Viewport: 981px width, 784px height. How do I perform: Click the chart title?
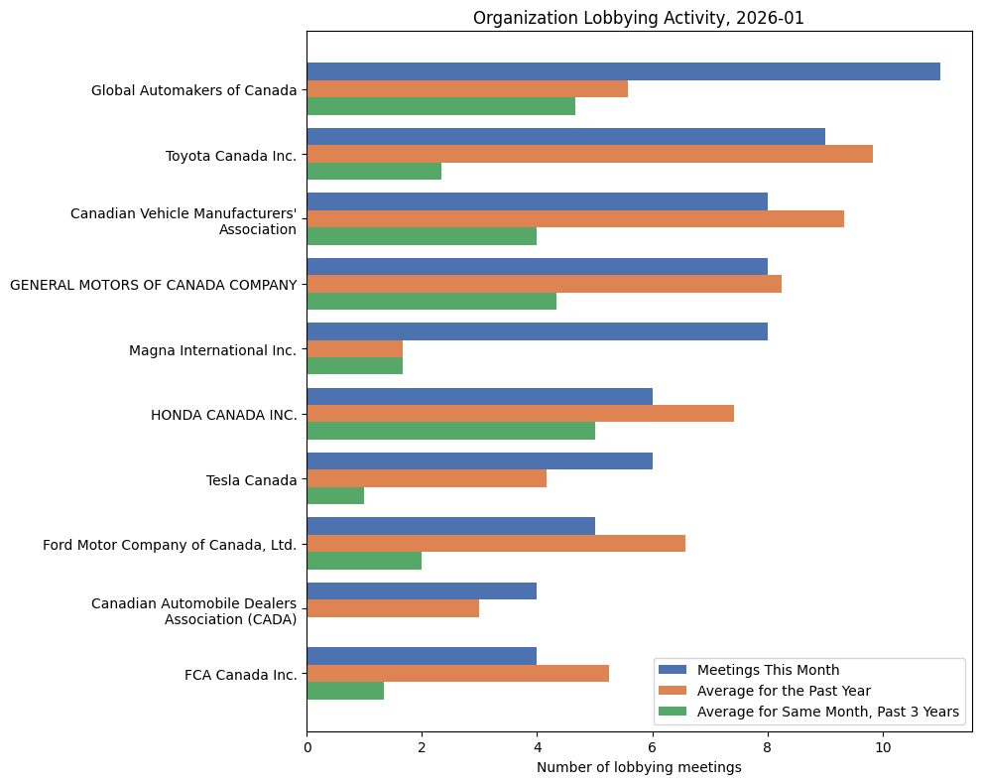639,18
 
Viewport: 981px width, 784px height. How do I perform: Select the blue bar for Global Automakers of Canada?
623,71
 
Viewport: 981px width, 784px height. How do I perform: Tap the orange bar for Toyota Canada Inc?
589,154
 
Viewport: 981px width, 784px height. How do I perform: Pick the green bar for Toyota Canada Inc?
374,171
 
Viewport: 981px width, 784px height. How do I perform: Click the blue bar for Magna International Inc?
537,331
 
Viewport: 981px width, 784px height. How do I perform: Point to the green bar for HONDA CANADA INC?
450,431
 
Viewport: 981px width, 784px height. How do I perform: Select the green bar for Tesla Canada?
335,495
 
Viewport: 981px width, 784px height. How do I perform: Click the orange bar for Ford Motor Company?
496,543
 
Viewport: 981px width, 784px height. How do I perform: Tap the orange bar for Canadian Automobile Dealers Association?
393,608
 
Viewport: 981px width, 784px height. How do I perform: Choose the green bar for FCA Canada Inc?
345,691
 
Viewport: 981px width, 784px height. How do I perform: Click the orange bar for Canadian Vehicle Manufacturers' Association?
575,218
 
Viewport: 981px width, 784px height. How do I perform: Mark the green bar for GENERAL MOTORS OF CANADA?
431,301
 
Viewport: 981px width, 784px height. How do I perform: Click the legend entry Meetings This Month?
768,669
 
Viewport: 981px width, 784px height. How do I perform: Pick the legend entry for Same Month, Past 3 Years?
827,712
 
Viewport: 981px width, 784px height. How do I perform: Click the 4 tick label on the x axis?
537,747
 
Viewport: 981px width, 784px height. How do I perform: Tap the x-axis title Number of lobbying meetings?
639,767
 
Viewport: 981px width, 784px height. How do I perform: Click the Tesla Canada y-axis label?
251,480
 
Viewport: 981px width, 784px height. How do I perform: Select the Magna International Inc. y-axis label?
212,350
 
